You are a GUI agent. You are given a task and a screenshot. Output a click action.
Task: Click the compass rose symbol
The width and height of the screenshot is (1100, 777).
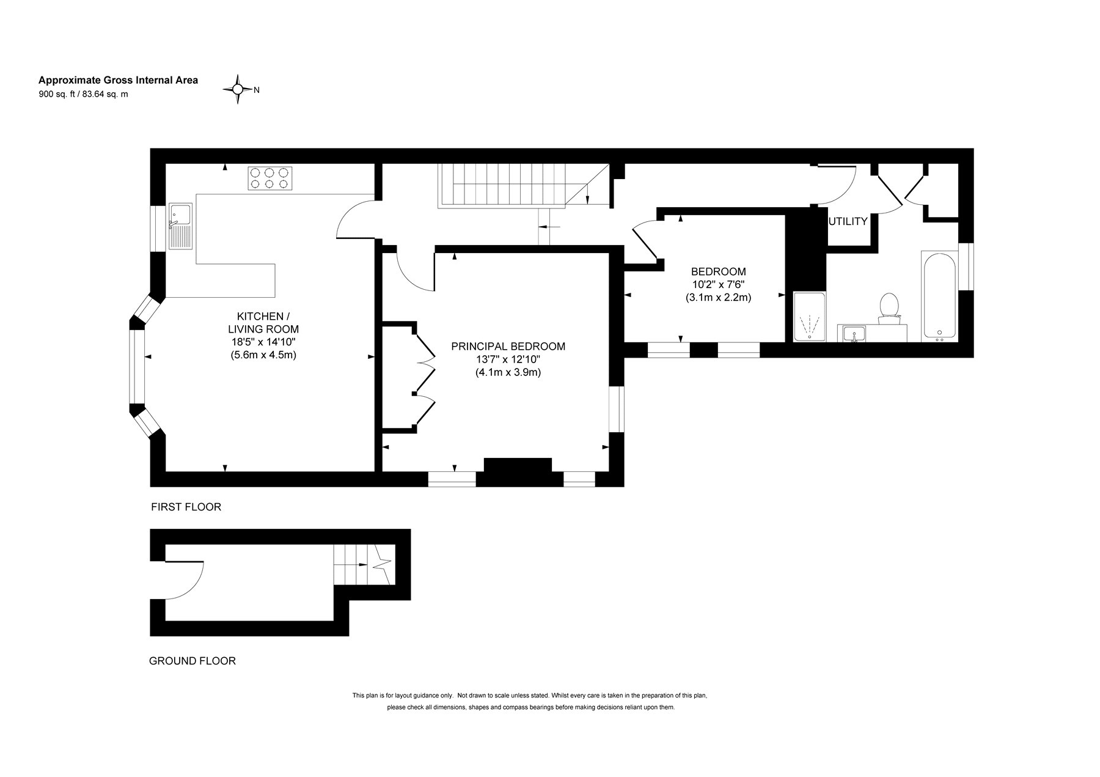point(238,89)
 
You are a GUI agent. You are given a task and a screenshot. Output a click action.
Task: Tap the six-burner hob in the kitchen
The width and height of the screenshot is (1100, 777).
point(268,178)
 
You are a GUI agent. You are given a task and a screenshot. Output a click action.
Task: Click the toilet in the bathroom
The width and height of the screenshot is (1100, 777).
point(889,307)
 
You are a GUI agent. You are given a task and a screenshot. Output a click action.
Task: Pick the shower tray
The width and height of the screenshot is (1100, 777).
point(809,317)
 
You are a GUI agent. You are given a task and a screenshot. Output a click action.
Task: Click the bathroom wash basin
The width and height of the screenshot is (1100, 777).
point(854,334)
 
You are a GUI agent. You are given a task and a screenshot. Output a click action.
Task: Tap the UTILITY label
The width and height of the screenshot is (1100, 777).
point(848,221)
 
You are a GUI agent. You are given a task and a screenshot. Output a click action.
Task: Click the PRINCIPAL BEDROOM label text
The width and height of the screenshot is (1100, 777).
point(508,346)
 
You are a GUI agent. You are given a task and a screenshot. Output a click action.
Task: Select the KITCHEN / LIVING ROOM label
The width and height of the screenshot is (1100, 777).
point(260,322)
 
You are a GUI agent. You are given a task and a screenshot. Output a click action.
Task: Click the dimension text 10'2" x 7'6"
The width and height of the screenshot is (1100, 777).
point(718,284)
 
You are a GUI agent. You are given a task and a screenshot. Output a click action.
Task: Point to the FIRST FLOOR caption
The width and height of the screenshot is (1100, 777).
point(186,507)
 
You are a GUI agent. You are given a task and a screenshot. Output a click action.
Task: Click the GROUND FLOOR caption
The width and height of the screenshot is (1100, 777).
point(193,661)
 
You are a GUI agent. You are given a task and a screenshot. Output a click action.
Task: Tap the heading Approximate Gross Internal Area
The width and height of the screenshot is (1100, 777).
point(119,80)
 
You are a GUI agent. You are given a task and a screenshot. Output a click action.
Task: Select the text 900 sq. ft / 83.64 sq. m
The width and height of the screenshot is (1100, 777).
point(83,94)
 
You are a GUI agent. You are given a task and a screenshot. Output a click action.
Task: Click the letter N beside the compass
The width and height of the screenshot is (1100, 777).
point(257,90)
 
